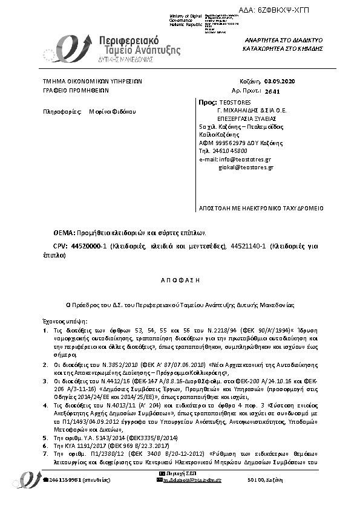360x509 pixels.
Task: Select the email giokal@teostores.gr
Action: pos(246,167)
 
